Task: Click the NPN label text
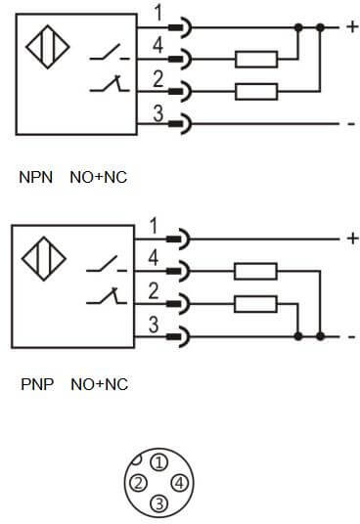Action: pyautogui.click(x=36, y=178)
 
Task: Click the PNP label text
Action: pyautogui.click(x=36, y=384)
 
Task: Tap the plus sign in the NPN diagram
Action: pyautogui.click(x=351, y=27)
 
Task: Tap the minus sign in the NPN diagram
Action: pyautogui.click(x=350, y=124)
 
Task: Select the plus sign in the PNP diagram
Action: pyautogui.click(x=351, y=238)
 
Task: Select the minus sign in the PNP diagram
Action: pyautogui.click(x=350, y=337)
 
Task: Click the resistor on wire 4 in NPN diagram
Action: pyautogui.click(x=256, y=60)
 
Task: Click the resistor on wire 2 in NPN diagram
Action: pyautogui.click(x=256, y=92)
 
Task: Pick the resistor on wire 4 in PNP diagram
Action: pyautogui.click(x=256, y=271)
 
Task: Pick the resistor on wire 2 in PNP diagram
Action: pyautogui.click(x=256, y=303)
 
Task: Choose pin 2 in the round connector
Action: pyautogui.click(x=141, y=483)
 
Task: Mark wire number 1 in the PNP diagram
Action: pyautogui.click(x=153, y=228)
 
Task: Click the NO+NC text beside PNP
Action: pyautogui.click(x=99, y=384)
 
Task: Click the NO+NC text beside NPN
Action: pyautogui.click(x=99, y=178)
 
